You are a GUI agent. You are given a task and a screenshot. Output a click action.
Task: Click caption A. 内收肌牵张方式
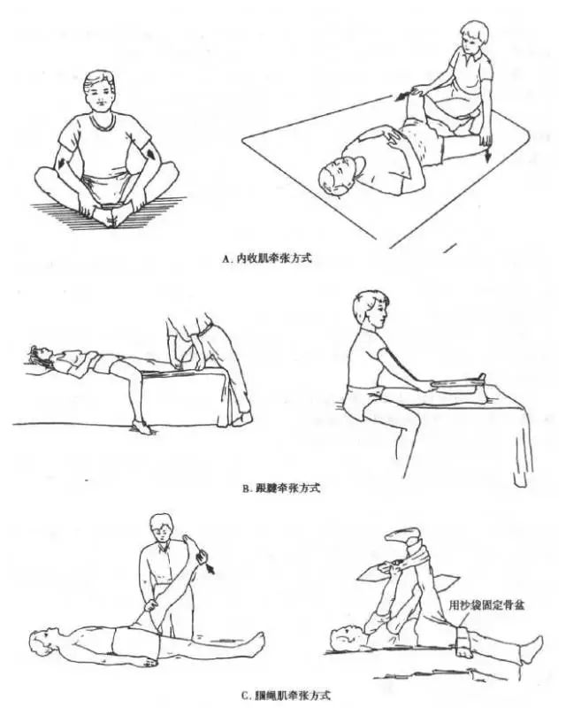[267, 258]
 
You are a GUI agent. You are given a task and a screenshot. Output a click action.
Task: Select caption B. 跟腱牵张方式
[280, 488]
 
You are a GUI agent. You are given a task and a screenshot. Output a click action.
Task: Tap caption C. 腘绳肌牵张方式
[286, 696]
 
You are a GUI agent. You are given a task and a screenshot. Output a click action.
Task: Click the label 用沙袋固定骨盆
[486, 605]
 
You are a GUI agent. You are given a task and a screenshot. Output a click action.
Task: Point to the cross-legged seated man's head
[99, 93]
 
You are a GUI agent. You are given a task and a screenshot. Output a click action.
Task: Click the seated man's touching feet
[110, 216]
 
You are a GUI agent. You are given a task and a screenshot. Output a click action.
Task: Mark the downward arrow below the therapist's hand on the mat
[486, 153]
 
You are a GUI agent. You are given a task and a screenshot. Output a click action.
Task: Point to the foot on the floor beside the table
[141, 427]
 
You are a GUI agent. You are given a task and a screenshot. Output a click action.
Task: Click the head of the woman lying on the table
[38, 356]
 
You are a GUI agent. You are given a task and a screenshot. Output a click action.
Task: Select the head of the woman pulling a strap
[371, 311]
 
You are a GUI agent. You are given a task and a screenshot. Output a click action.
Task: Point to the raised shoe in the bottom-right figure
[403, 535]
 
